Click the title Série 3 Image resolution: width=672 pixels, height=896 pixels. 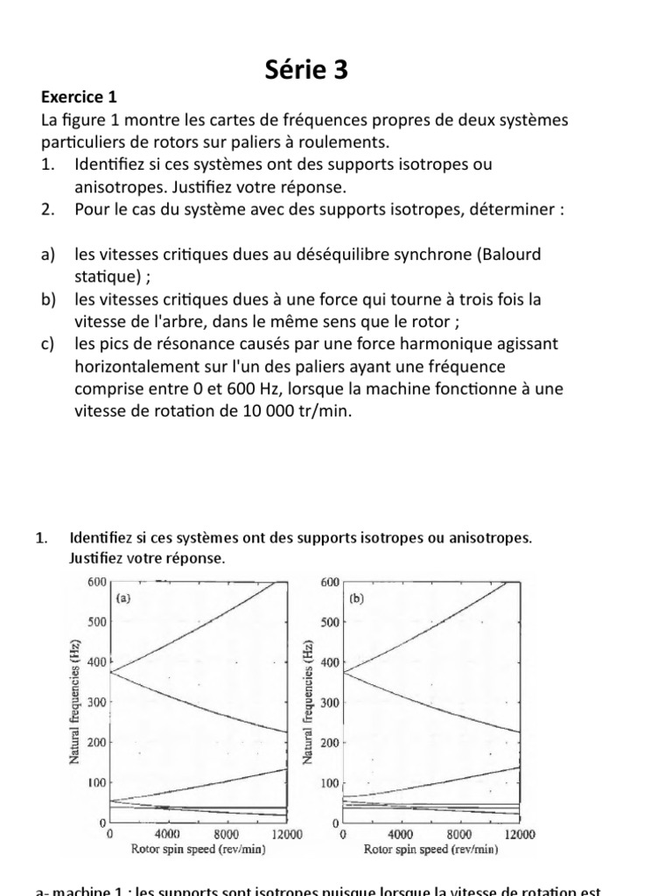306,70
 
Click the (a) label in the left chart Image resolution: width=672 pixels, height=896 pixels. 124,598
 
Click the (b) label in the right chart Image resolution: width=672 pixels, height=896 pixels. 357,599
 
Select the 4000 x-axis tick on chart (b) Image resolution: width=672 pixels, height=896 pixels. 401,835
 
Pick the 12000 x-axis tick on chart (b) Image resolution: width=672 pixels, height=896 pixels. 520,835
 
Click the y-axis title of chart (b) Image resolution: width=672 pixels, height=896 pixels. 307,702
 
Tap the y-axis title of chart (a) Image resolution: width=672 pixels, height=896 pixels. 75,702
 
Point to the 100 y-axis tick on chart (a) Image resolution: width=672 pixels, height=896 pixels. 96,783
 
